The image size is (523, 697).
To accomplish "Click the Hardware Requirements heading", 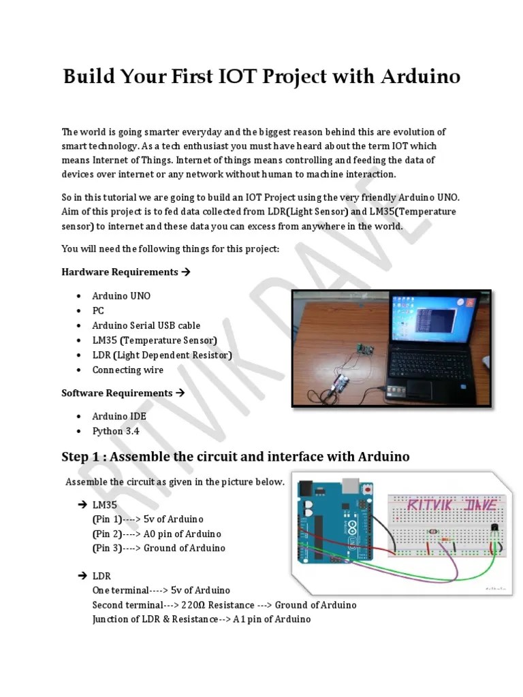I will coord(120,272).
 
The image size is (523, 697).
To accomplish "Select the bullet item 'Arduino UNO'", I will coord(121,296).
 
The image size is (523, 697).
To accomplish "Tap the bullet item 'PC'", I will coord(98,310).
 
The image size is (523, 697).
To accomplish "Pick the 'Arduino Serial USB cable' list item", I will coord(146,325).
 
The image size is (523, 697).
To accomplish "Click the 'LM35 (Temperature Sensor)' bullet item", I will coord(155,340).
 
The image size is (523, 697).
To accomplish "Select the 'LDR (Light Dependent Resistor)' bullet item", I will coord(162,355).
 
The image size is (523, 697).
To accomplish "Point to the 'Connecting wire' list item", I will coord(128,370).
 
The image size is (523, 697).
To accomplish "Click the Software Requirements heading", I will coord(117,393).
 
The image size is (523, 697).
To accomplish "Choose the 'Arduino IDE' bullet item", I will coord(119,417).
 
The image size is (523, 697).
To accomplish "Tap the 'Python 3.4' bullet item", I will coord(116,432).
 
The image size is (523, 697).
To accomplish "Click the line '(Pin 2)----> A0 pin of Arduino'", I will coord(157,534).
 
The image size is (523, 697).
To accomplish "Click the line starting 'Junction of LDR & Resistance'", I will coord(201,619).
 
